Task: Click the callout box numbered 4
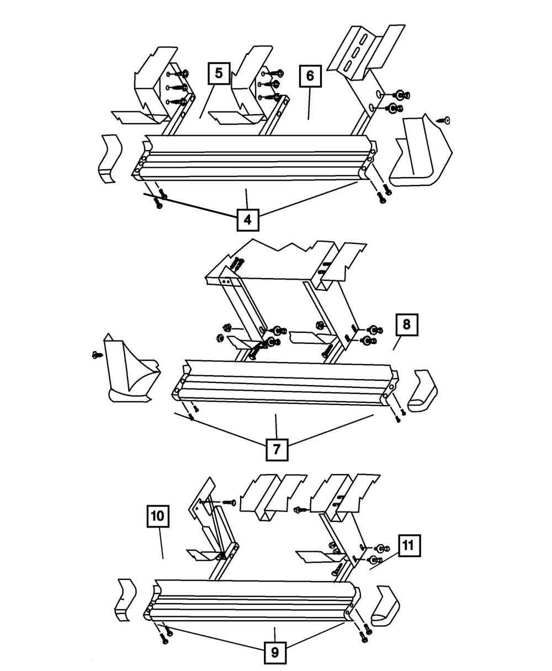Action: (x=247, y=220)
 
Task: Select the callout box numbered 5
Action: (x=219, y=74)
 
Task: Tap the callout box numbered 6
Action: (x=310, y=76)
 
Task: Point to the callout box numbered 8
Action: (x=406, y=325)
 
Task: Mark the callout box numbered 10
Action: (x=157, y=517)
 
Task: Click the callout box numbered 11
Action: (x=407, y=546)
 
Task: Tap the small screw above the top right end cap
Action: (x=444, y=120)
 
